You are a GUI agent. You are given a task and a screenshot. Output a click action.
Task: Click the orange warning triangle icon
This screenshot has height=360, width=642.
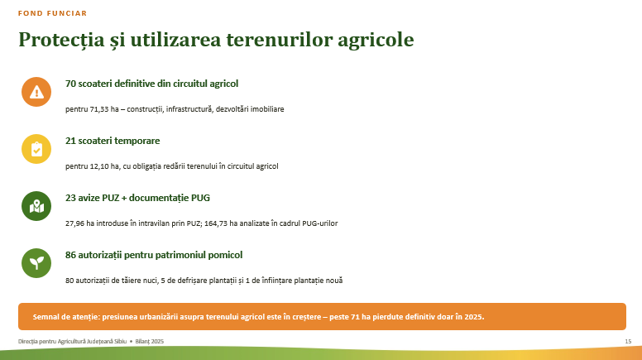coord(36,92)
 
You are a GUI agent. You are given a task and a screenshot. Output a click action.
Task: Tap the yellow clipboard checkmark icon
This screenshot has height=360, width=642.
coord(36,149)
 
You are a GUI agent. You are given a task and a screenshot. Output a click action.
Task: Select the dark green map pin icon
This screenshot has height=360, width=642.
coord(36,206)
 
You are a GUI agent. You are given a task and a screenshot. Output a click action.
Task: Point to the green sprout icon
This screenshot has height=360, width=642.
coord(36,263)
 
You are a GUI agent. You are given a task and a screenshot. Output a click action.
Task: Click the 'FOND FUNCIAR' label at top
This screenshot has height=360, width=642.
coord(52,13)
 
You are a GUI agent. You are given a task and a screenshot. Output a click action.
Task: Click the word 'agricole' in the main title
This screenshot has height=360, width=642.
coord(376,40)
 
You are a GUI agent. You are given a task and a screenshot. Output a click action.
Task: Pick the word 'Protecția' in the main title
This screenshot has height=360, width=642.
coord(61,40)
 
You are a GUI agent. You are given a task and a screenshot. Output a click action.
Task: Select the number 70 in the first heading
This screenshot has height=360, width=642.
coord(70,84)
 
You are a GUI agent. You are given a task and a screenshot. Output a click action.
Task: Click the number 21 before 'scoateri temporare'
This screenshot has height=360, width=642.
coord(70,141)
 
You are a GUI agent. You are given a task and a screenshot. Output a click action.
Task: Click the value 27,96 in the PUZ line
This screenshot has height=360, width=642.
coord(74,223)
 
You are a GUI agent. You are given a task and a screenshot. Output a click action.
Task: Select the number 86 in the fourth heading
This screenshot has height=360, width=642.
coord(70,255)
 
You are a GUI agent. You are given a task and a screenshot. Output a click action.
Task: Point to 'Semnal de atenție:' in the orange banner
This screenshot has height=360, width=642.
coord(66,317)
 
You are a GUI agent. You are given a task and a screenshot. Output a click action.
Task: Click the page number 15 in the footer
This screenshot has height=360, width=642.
coord(628,341)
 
